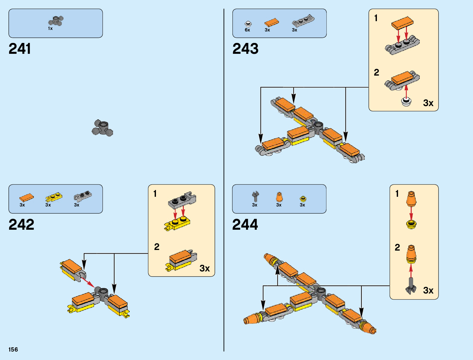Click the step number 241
(x=20, y=49)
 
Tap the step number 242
(x=21, y=224)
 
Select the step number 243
(x=245, y=49)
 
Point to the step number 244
(x=245, y=224)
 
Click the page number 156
(x=13, y=349)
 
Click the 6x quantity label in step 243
(x=247, y=30)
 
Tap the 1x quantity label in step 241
(x=50, y=28)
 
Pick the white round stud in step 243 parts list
(x=248, y=24)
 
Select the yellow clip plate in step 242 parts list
(x=53, y=197)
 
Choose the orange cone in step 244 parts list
(x=279, y=197)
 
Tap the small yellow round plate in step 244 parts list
(x=303, y=199)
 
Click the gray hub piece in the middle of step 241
(x=102, y=128)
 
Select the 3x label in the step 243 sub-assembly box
(x=428, y=103)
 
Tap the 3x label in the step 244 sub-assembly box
(x=428, y=290)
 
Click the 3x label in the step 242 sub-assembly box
(x=205, y=268)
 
